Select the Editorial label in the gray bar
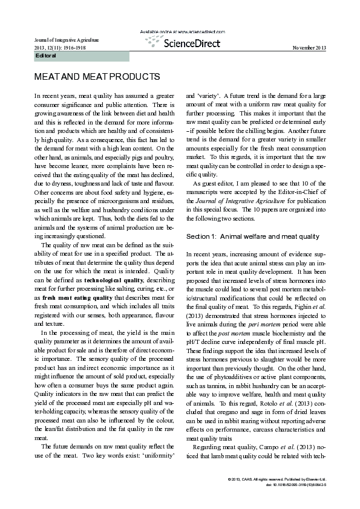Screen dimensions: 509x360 47,56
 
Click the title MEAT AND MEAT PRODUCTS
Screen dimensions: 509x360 97,77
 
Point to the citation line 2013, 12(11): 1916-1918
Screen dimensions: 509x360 59,48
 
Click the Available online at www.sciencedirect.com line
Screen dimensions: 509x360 180,31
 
